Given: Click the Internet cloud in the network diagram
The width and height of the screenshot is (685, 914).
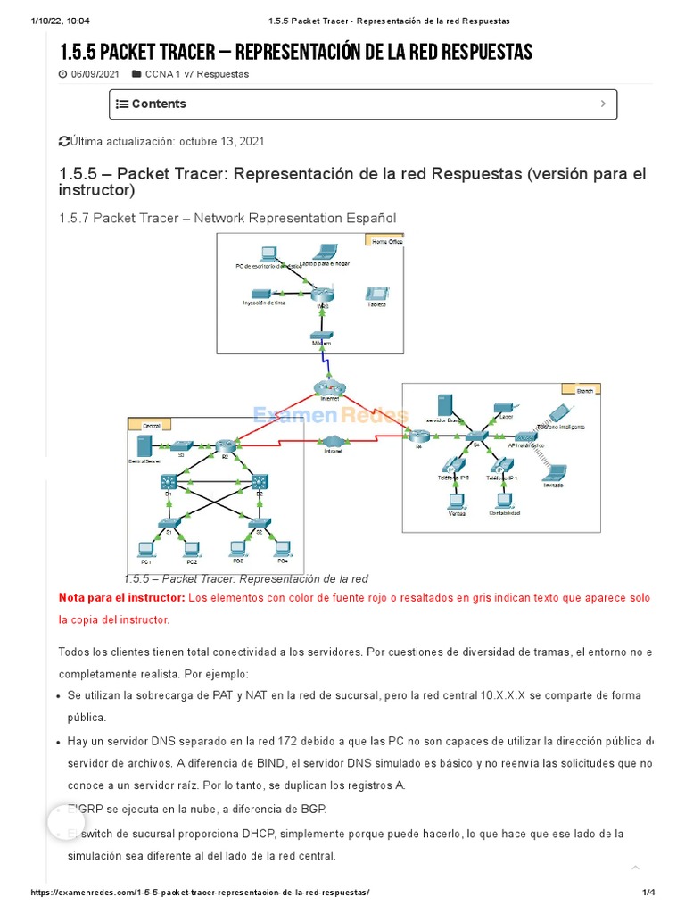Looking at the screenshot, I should point(330,387).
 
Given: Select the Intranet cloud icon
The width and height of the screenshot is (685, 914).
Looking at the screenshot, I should point(332,442).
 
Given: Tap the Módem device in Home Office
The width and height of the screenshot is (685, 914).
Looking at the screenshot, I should point(321,335).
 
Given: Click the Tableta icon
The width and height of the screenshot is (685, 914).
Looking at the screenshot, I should point(376,294).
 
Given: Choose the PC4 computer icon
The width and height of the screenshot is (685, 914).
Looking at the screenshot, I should point(283,549).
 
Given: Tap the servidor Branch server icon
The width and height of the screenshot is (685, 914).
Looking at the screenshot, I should point(443,406).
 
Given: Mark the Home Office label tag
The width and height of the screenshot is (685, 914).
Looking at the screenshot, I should point(384,241).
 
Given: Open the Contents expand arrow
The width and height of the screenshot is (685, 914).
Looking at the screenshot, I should point(603,104).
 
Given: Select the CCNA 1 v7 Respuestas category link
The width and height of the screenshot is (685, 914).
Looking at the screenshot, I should point(196,74).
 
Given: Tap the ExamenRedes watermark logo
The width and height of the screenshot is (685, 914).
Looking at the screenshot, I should point(330,415).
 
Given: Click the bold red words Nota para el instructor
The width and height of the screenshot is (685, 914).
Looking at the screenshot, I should point(120,597).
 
